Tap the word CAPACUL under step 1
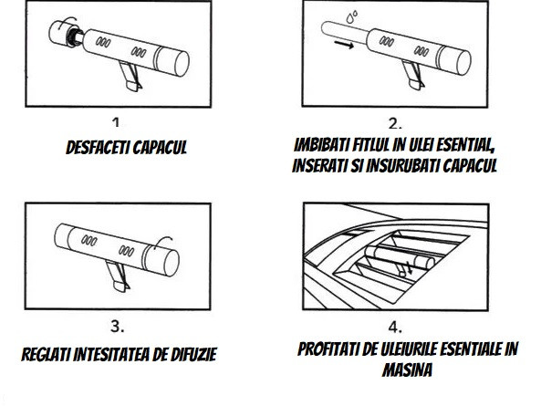pyautogui.click(x=160, y=148)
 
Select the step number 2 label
pyautogui.click(x=395, y=123)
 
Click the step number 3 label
pyautogui.click(x=118, y=327)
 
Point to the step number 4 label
pyautogui.click(x=395, y=327)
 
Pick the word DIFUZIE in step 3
pyautogui.click(x=193, y=354)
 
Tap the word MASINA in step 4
pyautogui.click(x=407, y=370)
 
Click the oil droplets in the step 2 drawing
pyautogui.click(x=352, y=16)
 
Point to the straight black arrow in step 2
pyautogui.click(x=344, y=45)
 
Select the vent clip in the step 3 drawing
pyautogui.click(x=118, y=276)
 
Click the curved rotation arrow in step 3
pyautogui.click(x=162, y=242)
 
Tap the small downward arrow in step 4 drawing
pyautogui.click(x=410, y=268)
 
